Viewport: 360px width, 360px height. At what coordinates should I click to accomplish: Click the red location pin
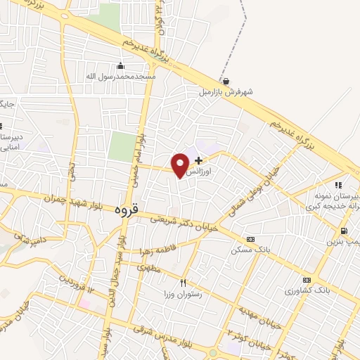point(181,164)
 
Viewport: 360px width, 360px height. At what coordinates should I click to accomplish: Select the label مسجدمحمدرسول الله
point(120,76)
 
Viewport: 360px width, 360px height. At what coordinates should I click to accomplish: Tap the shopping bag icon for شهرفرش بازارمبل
point(225,81)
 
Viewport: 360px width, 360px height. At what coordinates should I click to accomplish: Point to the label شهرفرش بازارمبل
point(225,91)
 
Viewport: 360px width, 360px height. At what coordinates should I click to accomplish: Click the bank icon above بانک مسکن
point(250,240)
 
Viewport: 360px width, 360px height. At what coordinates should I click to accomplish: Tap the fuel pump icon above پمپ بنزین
point(343,231)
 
